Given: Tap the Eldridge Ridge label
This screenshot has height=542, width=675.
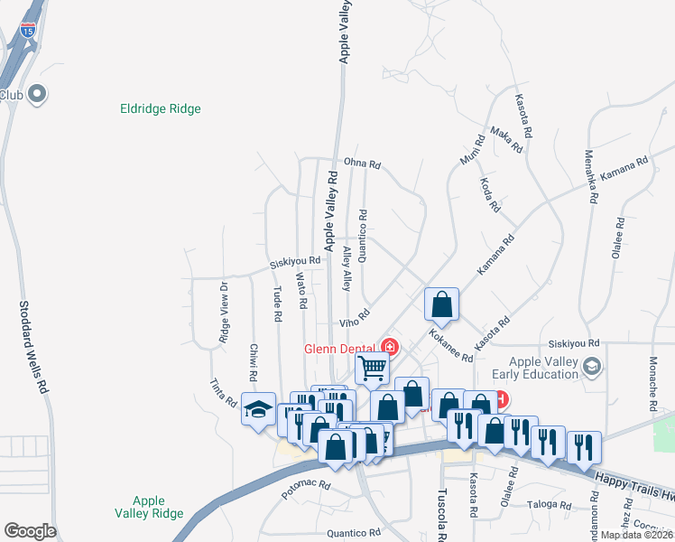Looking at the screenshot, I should coord(161,109).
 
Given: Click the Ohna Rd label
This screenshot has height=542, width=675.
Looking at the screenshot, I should coord(364,165).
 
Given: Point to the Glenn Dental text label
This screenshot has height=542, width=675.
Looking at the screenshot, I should coord(340,348).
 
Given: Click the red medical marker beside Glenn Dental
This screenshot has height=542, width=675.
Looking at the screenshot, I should coord(390,346).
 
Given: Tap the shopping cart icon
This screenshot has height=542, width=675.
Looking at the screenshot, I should coord(372,369).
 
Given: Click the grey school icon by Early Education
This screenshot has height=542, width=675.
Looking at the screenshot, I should coord(592,365).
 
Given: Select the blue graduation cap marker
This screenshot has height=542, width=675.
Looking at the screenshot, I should coord(258,410).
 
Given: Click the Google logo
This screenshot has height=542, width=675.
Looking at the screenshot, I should coord(30,531).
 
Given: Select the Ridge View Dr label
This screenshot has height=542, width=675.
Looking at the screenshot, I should coord(223,313).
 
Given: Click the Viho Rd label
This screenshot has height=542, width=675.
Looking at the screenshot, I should coord(355,318).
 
